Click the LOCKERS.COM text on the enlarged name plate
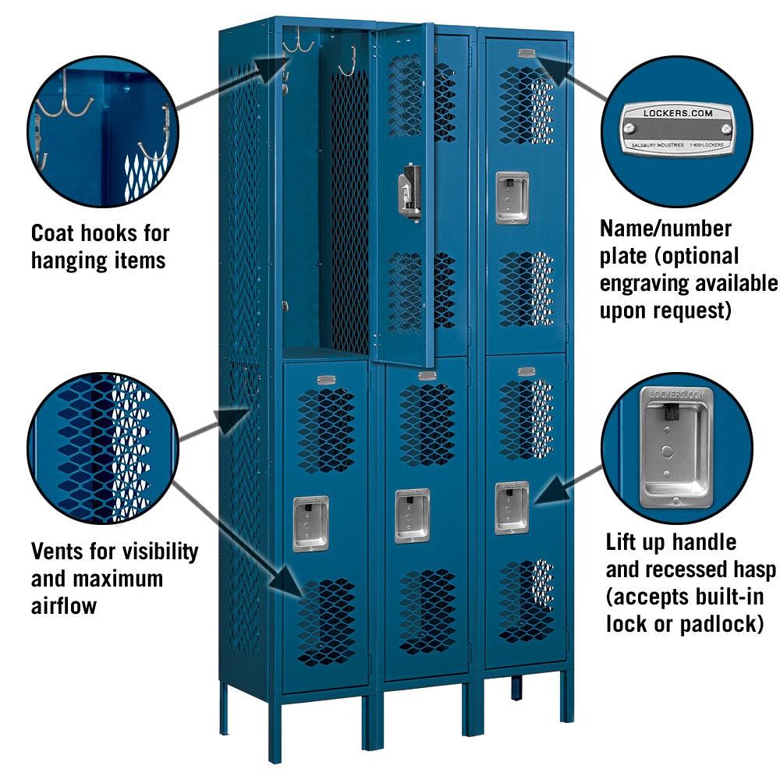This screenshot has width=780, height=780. point(676,114)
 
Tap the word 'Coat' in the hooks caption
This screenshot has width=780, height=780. point(55,233)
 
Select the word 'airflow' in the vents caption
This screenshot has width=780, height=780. point(63,605)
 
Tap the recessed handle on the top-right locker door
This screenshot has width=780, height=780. point(512,197)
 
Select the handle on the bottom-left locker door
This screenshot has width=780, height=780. point(310,523)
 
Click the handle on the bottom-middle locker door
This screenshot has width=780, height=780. point(411,516)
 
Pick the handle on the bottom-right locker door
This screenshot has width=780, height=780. point(512,507)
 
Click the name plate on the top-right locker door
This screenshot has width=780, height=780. point(527,53)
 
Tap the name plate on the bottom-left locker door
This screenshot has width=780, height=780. point(326,380)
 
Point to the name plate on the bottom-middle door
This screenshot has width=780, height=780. point(427,376)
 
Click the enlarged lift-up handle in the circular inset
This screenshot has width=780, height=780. point(676,445)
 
